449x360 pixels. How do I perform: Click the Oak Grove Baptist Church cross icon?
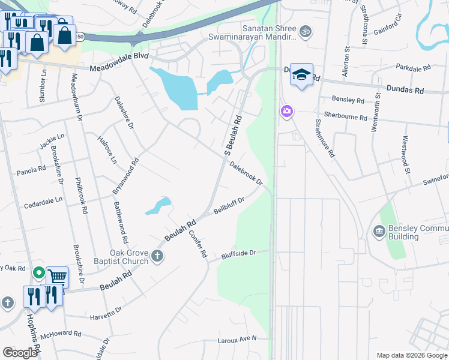pyautogui.click(x=157, y=257)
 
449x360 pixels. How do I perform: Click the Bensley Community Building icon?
pyautogui.click(x=379, y=231)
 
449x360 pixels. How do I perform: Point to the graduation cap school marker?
pyautogui.click(x=301, y=74)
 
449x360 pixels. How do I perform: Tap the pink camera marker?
pyautogui.click(x=286, y=111)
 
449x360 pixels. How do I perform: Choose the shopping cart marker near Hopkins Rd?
pyautogui.click(x=57, y=277)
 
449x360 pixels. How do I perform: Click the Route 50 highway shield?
pyautogui.click(x=80, y=37)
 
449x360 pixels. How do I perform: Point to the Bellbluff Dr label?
pyautogui.click(x=229, y=207)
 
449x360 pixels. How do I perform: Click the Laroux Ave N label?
pyautogui.click(x=237, y=340)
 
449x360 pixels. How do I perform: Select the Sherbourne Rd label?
pyautogui.click(x=345, y=117)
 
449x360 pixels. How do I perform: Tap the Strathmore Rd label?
pyautogui.click(x=324, y=137)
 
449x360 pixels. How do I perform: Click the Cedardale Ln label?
pyautogui.click(x=43, y=202)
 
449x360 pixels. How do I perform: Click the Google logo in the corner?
pyautogui.click(x=20, y=353)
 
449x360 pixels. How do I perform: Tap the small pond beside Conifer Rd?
pyautogui.click(x=158, y=206)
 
